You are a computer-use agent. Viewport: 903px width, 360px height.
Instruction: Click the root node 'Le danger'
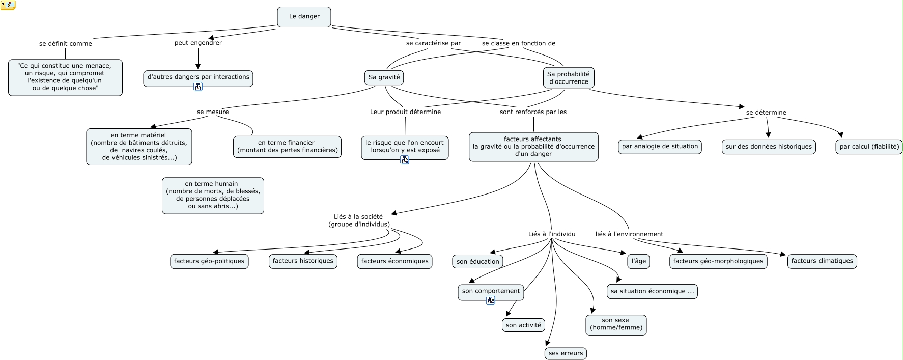(304, 17)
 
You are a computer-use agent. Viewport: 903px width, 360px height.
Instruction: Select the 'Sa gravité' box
(384, 77)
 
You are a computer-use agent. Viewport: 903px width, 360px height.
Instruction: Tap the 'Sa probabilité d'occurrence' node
(569, 77)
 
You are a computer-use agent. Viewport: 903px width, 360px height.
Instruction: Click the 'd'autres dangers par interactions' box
(198, 78)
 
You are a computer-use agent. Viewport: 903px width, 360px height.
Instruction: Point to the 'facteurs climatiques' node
(822, 261)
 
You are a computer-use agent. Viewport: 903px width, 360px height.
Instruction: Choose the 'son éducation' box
(478, 262)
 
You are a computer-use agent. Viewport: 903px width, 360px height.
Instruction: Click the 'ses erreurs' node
(566, 353)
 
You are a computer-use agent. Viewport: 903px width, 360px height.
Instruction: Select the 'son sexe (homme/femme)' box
(616, 324)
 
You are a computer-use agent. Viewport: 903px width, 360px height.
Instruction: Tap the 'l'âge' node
(638, 261)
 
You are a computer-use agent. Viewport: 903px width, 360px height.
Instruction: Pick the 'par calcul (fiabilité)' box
(869, 147)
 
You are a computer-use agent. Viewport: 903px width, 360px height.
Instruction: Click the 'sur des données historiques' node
(769, 147)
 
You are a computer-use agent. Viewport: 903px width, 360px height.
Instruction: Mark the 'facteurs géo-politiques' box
(209, 261)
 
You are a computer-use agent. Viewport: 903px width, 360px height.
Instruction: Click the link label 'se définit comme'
(66, 44)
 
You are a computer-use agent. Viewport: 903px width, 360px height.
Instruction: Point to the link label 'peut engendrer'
(198, 43)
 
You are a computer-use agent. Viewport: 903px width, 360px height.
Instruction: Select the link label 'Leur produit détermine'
(405, 112)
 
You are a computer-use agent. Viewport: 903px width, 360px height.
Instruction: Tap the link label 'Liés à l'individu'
(552, 234)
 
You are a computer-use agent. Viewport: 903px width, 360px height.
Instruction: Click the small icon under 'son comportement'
(491, 300)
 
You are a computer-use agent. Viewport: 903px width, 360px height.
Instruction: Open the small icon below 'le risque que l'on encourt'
(405, 160)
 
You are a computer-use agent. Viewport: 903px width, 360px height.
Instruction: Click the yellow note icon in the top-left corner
(8, 5)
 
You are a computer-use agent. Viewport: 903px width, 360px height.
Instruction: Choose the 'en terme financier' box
(287, 147)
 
